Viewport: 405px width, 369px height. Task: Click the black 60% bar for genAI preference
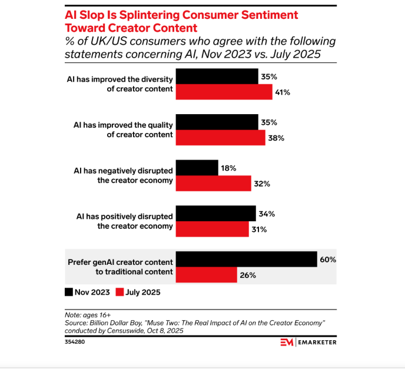click(x=248, y=260)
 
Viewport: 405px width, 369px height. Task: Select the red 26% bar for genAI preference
click(x=207, y=275)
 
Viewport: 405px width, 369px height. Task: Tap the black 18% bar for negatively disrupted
click(x=197, y=168)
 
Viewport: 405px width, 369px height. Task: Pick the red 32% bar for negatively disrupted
click(x=214, y=184)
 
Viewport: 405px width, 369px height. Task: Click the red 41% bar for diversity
click(x=224, y=92)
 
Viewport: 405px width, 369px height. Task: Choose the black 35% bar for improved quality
click(x=217, y=122)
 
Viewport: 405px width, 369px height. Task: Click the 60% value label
click(x=327, y=260)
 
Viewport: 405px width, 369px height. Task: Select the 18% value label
click(x=228, y=168)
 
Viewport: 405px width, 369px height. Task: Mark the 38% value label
click(x=277, y=138)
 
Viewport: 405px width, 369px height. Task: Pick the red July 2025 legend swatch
click(x=119, y=291)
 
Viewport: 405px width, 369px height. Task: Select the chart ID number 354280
click(x=75, y=341)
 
